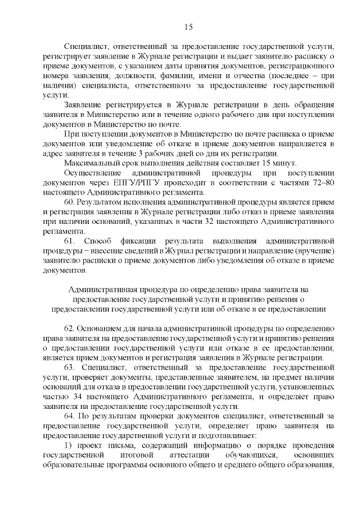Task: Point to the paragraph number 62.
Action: (x=70, y=328)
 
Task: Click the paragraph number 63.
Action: (x=71, y=367)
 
